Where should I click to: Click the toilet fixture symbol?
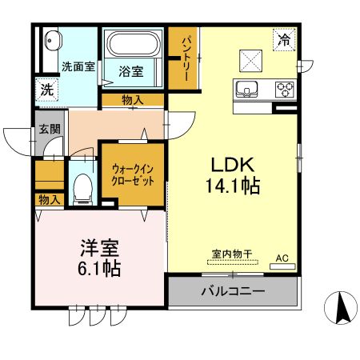pyautogui.click(x=81, y=187)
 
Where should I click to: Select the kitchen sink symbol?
pyautogui.click(x=246, y=88)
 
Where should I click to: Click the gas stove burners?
pyautogui.click(x=285, y=88)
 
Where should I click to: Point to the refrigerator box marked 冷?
pyautogui.click(x=284, y=38)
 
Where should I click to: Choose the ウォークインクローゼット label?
pyautogui.click(x=132, y=174)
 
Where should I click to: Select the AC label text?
pyautogui.click(x=282, y=258)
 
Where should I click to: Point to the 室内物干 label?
pyautogui.click(x=232, y=254)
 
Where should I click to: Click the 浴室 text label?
pyautogui.click(x=133, y=71)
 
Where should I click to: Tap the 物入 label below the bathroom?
pyautogui.click(x=133, y=99)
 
